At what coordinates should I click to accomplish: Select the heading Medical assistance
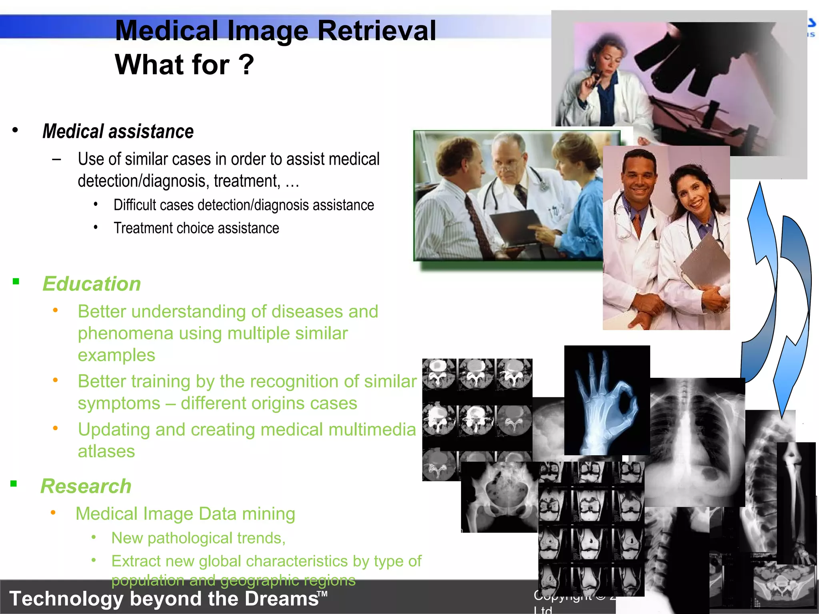[118, 132]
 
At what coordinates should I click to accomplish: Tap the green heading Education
[92, 284]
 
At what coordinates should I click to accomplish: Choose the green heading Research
[86, 486]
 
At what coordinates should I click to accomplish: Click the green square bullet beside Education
[16, 282]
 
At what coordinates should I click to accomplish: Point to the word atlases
[106, 451]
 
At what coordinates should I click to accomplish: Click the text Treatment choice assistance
[196, 228]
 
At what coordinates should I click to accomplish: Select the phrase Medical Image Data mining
[185, 514]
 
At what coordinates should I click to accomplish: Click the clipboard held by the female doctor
[706, 260]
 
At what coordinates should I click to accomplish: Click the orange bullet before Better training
[55, 380]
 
